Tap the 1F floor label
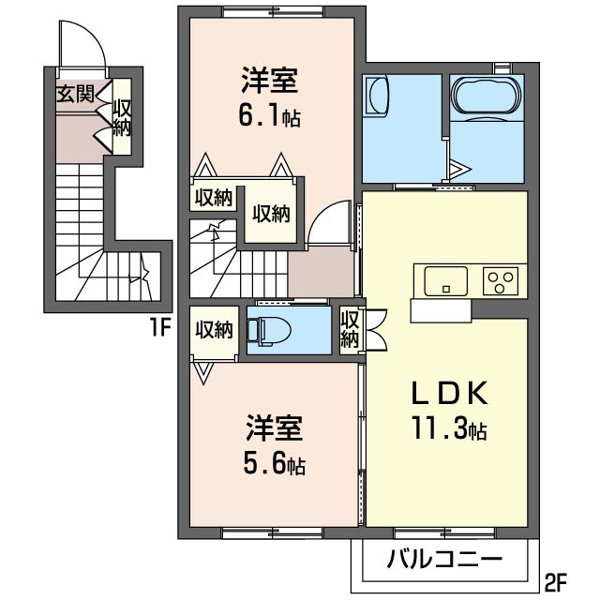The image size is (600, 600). (x=158, y=329)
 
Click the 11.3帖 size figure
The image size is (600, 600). (x=445, y=430)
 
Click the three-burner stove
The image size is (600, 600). (x=501, y=279)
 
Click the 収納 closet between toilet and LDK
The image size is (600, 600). (x=350, y=329)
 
